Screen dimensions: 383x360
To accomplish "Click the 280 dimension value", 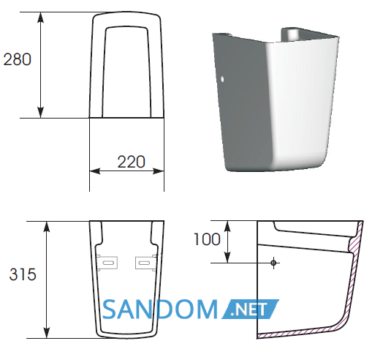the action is tap(18, 59).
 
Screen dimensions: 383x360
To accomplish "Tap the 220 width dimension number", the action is tap(132, 162).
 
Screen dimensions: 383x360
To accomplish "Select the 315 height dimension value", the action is tap(23, 274).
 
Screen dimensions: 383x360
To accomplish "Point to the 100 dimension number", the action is tap(207, 239).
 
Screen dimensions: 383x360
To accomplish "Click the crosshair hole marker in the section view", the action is tap(273, 263).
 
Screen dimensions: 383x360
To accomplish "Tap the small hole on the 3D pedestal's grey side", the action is tap(222, 79).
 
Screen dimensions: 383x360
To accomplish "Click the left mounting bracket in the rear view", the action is tap(107, 263).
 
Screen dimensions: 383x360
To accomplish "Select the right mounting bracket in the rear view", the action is tap(146, 263).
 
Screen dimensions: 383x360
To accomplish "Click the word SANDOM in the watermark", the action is tap(160, 310).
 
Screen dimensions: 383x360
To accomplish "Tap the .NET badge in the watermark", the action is tap(251, 309).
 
